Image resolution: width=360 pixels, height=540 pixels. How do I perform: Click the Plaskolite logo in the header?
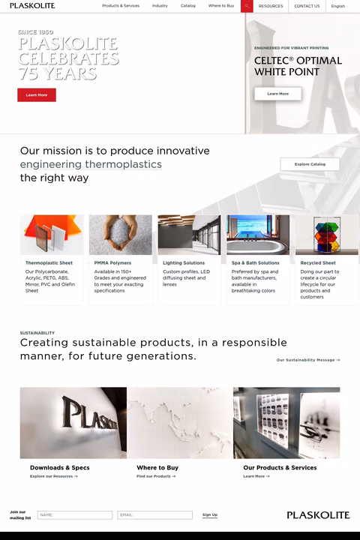(32, 6)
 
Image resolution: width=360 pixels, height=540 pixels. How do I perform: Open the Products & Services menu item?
(120, 6)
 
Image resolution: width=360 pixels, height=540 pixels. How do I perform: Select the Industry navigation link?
(160, 6)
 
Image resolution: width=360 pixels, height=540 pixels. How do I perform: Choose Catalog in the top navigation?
(187, 6)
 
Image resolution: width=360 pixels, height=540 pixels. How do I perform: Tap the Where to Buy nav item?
(221, 6)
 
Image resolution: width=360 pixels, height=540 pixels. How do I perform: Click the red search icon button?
(247, 6)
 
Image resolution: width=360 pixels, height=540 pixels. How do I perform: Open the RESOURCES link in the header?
(271, 6)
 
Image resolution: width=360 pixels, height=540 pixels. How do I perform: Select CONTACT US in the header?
(307, 6)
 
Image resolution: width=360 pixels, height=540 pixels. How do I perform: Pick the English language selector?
(338, 6)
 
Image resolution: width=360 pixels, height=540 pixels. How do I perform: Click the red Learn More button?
(37, 95)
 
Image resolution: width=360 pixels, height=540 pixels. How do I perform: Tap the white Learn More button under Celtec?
(277, 94)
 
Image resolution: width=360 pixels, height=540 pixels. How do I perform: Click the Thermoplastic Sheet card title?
(49, 263)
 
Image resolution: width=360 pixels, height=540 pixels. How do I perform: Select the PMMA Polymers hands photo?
(120, 235)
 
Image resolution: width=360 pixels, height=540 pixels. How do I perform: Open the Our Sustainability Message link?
(307, 360)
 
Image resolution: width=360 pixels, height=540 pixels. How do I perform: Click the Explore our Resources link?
(53, 476)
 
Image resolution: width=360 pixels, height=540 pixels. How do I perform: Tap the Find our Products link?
(156, 476)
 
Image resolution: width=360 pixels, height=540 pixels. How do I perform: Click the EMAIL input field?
(155, 515)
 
